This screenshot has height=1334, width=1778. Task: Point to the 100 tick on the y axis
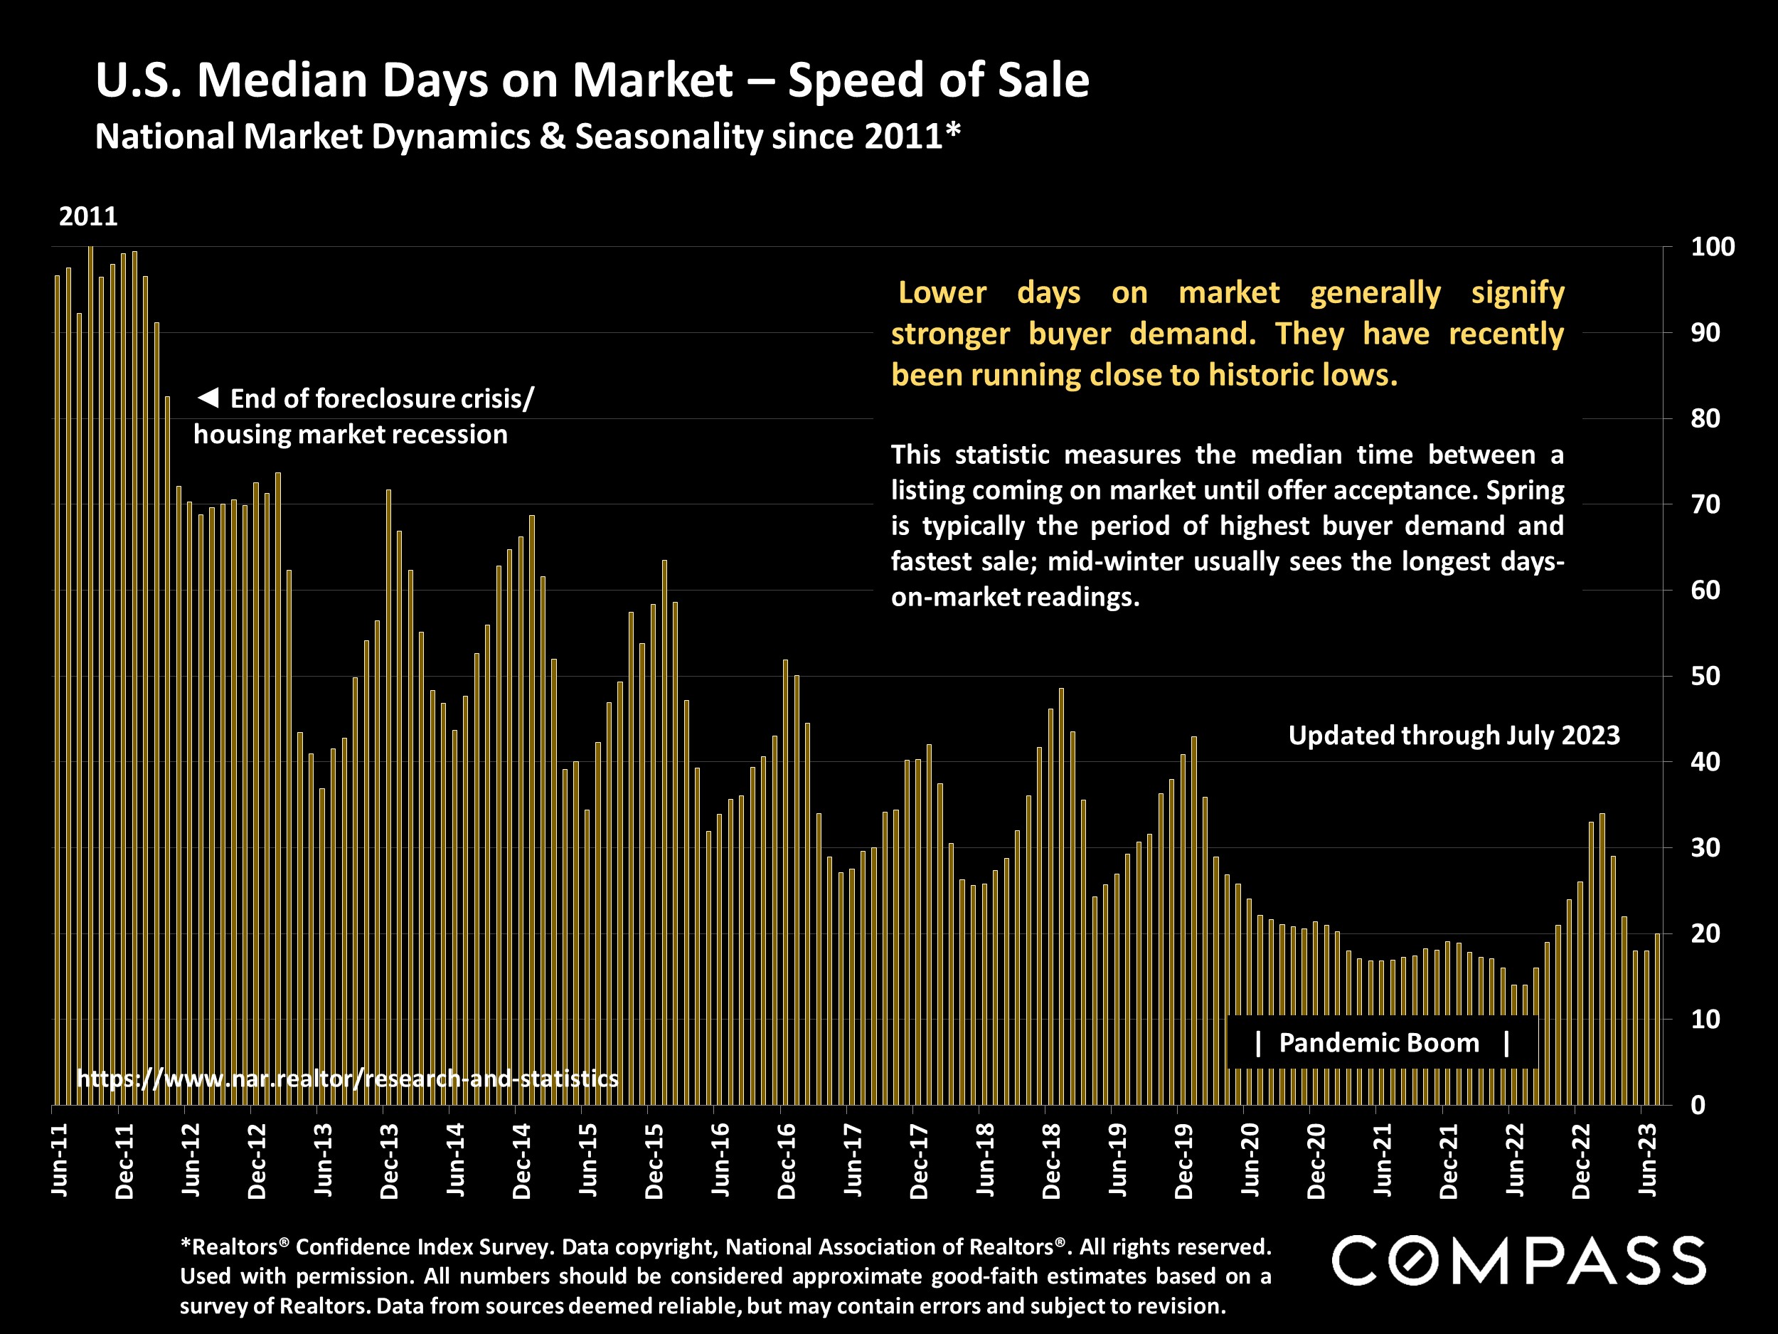(1712, 247)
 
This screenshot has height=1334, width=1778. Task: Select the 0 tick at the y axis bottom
(1698, 1106)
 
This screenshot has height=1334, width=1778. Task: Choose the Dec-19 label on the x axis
(1185, 1162)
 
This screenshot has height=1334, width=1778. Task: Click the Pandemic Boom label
(1378, 1043)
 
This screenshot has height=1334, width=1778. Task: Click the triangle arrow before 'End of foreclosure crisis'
(208, 397)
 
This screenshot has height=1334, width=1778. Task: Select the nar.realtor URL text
(347, 1079)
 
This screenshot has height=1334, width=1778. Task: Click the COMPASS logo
(1518, 1260)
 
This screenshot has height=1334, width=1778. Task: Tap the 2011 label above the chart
(88, 216)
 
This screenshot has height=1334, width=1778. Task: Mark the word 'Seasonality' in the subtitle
(669, 137)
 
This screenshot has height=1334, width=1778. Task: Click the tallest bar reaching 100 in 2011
(90, 675)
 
